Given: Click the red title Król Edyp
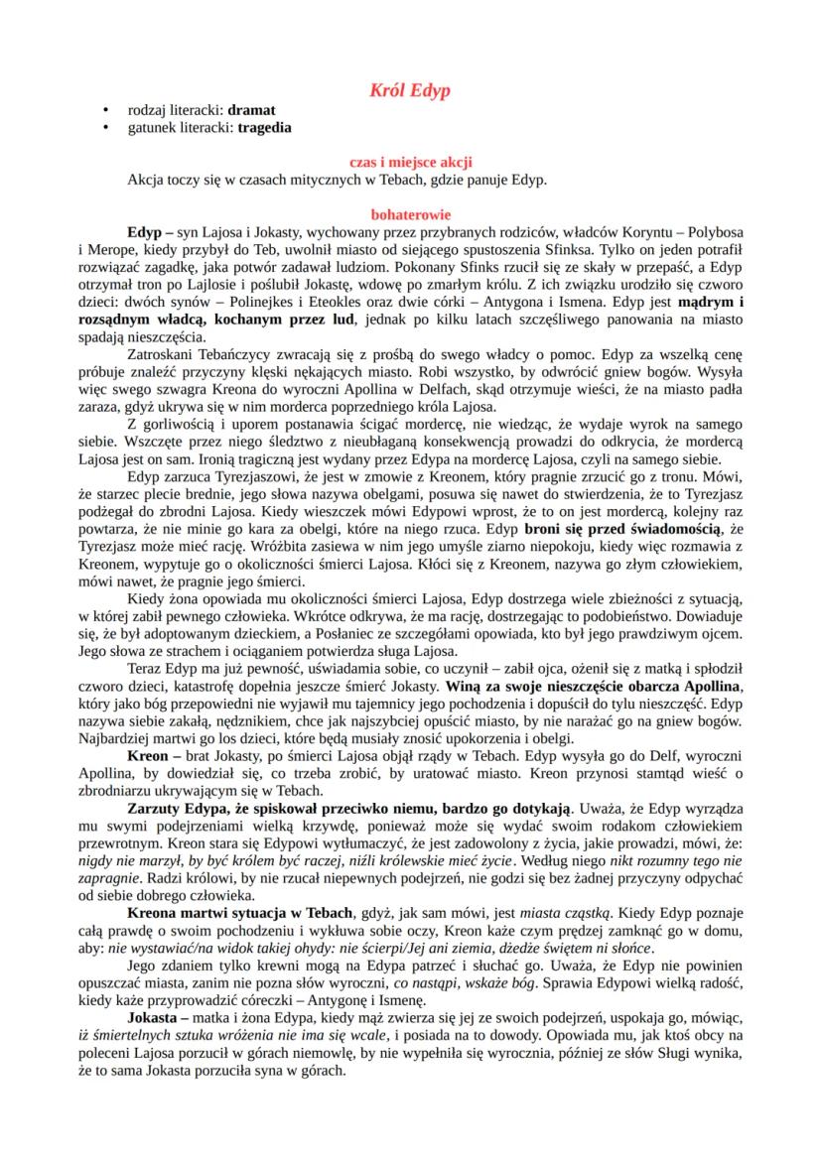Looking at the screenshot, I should point(410,90).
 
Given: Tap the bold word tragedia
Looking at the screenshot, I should point(265,127).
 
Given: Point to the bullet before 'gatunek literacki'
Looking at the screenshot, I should point(105,127).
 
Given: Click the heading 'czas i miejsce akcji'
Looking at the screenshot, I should point(410,161).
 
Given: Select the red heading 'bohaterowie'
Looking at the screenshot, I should point(410,212).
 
